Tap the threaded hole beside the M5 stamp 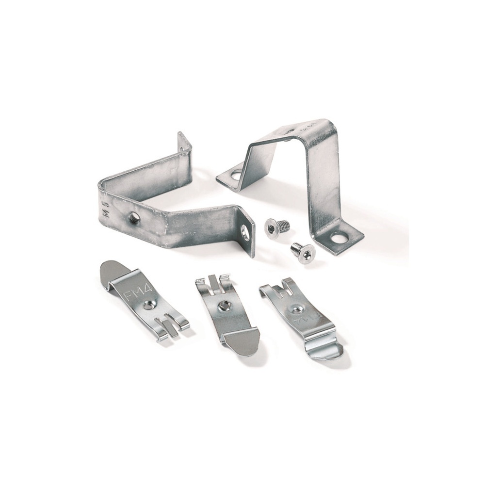coord(132,219)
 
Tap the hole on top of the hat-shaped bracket coord(290,130)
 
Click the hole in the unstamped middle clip coord(225,306)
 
